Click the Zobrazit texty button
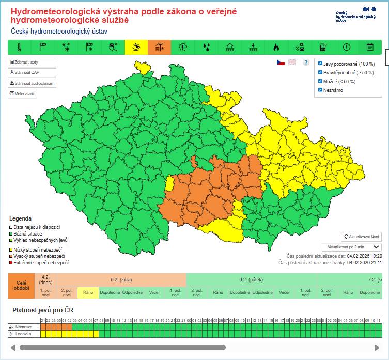point(32,62)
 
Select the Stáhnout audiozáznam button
point(32,83)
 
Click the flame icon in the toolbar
point(276,47)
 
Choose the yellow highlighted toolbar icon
point(135,47)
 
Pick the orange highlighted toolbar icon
point(159,47)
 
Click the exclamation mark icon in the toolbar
point(346,47)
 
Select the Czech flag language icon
point(281,62)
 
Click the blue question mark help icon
point(306,62)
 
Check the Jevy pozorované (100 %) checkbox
point(320,64)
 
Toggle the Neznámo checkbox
point(320,90)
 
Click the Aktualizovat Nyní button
point(361,237)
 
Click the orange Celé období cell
point(21,286)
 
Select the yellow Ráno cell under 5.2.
point(88,292)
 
